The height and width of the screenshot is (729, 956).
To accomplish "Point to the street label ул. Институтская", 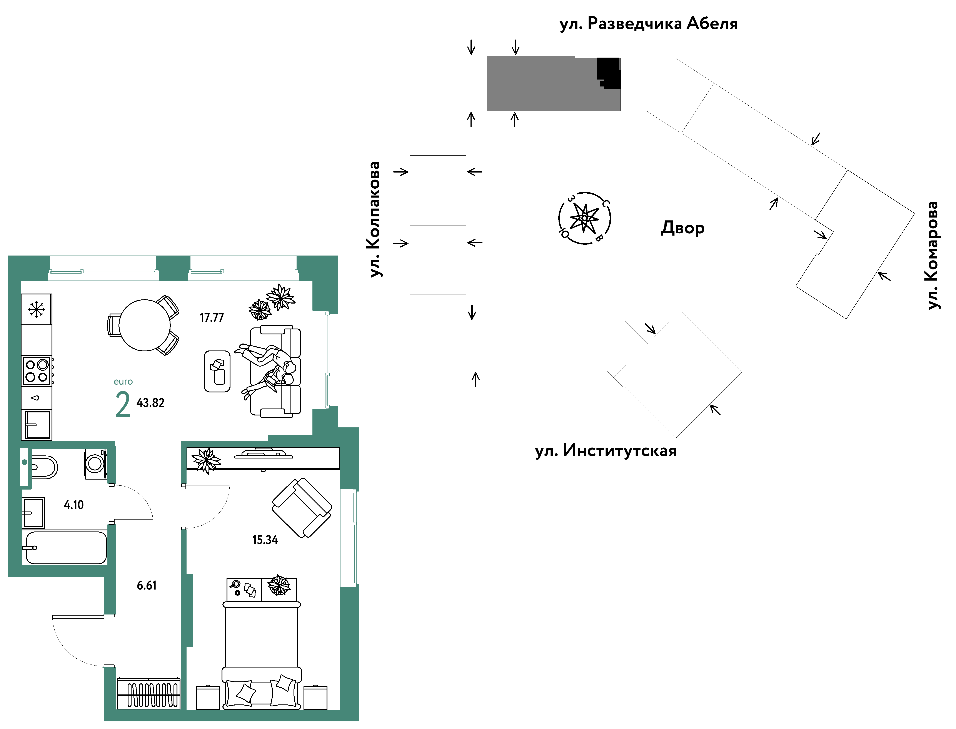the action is tap(606, 451).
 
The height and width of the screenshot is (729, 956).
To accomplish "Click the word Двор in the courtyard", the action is tap(682, 228).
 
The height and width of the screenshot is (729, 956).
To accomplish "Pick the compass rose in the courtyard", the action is tap(584, 218).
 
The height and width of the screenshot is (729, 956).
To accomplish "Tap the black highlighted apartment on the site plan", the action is tap(609, 73).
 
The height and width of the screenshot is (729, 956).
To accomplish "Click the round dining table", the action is tap(145, 325).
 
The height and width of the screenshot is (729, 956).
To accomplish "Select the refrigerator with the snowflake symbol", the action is tap(37, 309).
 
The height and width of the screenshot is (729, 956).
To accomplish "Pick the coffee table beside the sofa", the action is tap(217, 371).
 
